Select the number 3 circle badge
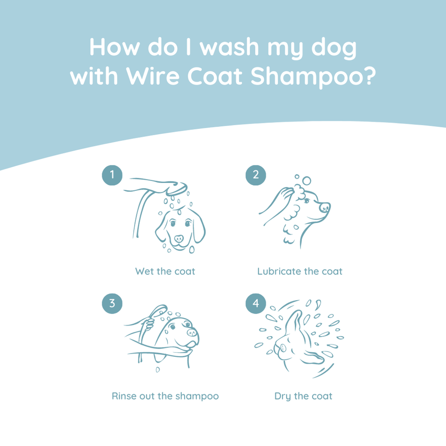pyautogui.click(x=112, y=303)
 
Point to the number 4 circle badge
pyautogui.click(x=256, y=303)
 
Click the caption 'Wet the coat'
pyautogui.click(x=165, y=271)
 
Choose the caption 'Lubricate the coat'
pyautogui.click(x=300, y=271)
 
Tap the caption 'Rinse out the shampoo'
pyautogui.click(x=165, y=396)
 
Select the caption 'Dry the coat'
pyautogui.click(x=303, y=396)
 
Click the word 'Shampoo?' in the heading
pyautogui.click(x=312, y=77)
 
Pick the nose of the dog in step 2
pyautogui.click(x=325, y=207)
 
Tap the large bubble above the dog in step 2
pyautogui.click(x=306, y=181)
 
